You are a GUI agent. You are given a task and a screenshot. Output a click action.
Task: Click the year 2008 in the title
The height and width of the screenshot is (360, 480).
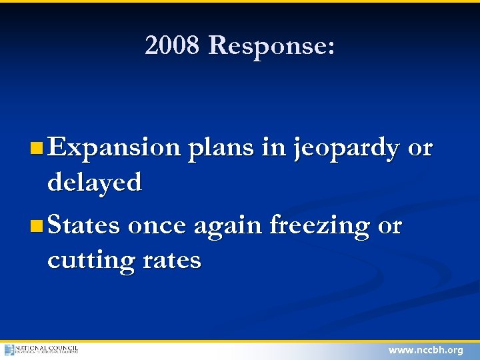tap(172, 46)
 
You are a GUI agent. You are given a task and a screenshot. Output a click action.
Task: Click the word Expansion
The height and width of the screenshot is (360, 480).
tap(114, 148)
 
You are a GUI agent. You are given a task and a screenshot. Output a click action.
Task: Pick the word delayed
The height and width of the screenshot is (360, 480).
tap(95, 182)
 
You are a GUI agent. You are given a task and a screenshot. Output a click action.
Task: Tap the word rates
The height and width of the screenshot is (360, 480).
tap(171, 260)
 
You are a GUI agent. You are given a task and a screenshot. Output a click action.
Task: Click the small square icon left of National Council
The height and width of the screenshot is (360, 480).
tap(9, 349)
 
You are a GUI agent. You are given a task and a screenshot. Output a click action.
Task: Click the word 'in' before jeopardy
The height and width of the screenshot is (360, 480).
tap(273, 148)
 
